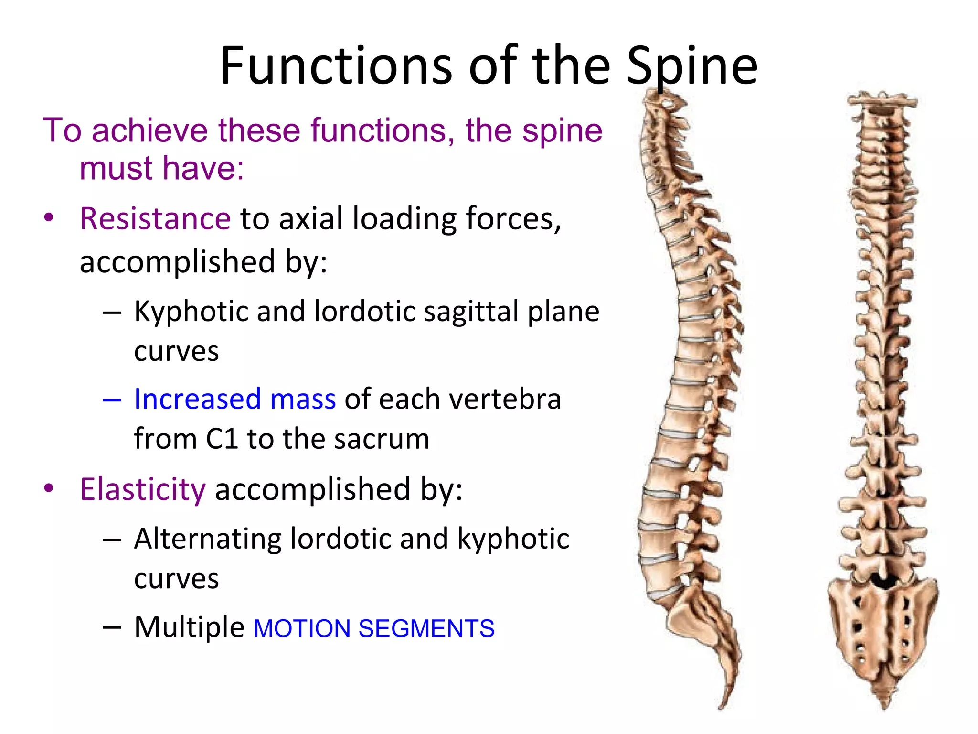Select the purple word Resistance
[155, 219]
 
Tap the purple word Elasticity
[143, 489]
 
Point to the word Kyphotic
[191, 312]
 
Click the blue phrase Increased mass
[234, 399]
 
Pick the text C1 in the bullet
[222, 439]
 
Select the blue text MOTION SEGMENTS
[374, 628]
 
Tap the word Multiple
[189, 627]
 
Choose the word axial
[311, 219]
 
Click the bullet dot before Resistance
[49, 218]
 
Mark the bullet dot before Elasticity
[49, 488]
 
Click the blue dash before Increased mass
[112, 400]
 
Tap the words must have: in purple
[162, 168]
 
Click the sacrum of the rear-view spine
[883, 631]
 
